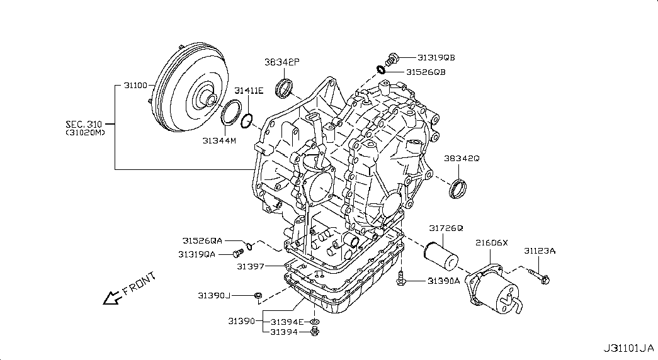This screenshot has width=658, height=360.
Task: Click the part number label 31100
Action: (135, 84)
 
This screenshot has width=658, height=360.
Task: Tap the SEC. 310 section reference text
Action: (86, 124)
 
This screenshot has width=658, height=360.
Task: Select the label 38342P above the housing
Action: (282, 62)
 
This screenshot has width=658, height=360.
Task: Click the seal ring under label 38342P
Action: (285, 88)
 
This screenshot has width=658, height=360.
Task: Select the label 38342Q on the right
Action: (462, 159)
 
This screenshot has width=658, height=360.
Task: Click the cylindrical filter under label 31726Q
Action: (441, 257)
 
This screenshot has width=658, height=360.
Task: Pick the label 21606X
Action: (491, 242)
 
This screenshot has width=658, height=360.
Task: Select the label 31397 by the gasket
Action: (249, 266)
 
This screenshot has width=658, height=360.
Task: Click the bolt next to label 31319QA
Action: (237, 254)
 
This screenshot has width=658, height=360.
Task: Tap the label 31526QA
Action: (203, 240)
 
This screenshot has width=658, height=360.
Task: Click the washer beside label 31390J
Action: (258, 295)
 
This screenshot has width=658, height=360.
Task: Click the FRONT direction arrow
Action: (113, 296)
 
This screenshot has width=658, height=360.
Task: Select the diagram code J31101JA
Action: (627, 348)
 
